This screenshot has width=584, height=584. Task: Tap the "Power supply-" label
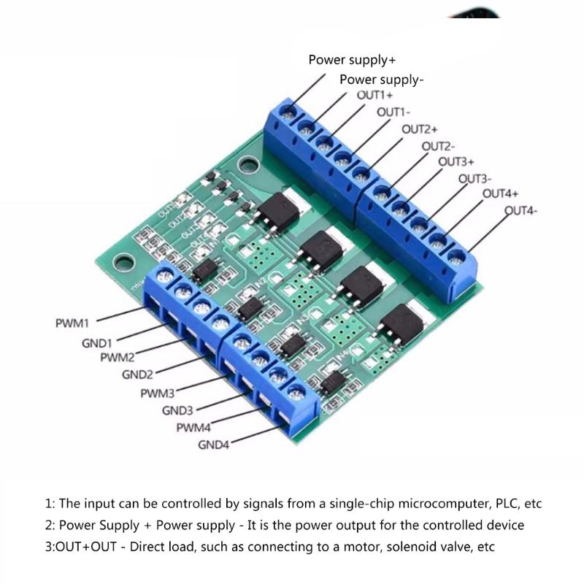381,80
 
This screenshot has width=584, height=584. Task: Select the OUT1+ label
374,96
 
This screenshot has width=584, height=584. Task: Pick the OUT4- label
522,212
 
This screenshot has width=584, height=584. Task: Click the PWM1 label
72,323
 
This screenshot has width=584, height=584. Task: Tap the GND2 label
137,375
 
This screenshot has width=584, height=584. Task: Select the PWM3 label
158,393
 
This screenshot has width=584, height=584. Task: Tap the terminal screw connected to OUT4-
456,256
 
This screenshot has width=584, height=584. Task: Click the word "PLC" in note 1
500,504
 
